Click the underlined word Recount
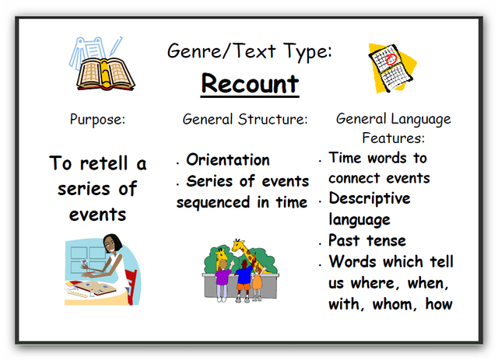(250, 84)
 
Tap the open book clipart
(106, 74)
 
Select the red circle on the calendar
(391, 59)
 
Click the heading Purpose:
(97, 120)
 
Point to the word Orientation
(228, 159)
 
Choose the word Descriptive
(370, 199)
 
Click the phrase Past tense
(367, 240)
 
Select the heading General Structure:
(245, 120)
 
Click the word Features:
(393, 138)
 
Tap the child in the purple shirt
(223, 280)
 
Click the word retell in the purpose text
(103, 164)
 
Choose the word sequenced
(213, 203)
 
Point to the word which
(403, 262)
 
